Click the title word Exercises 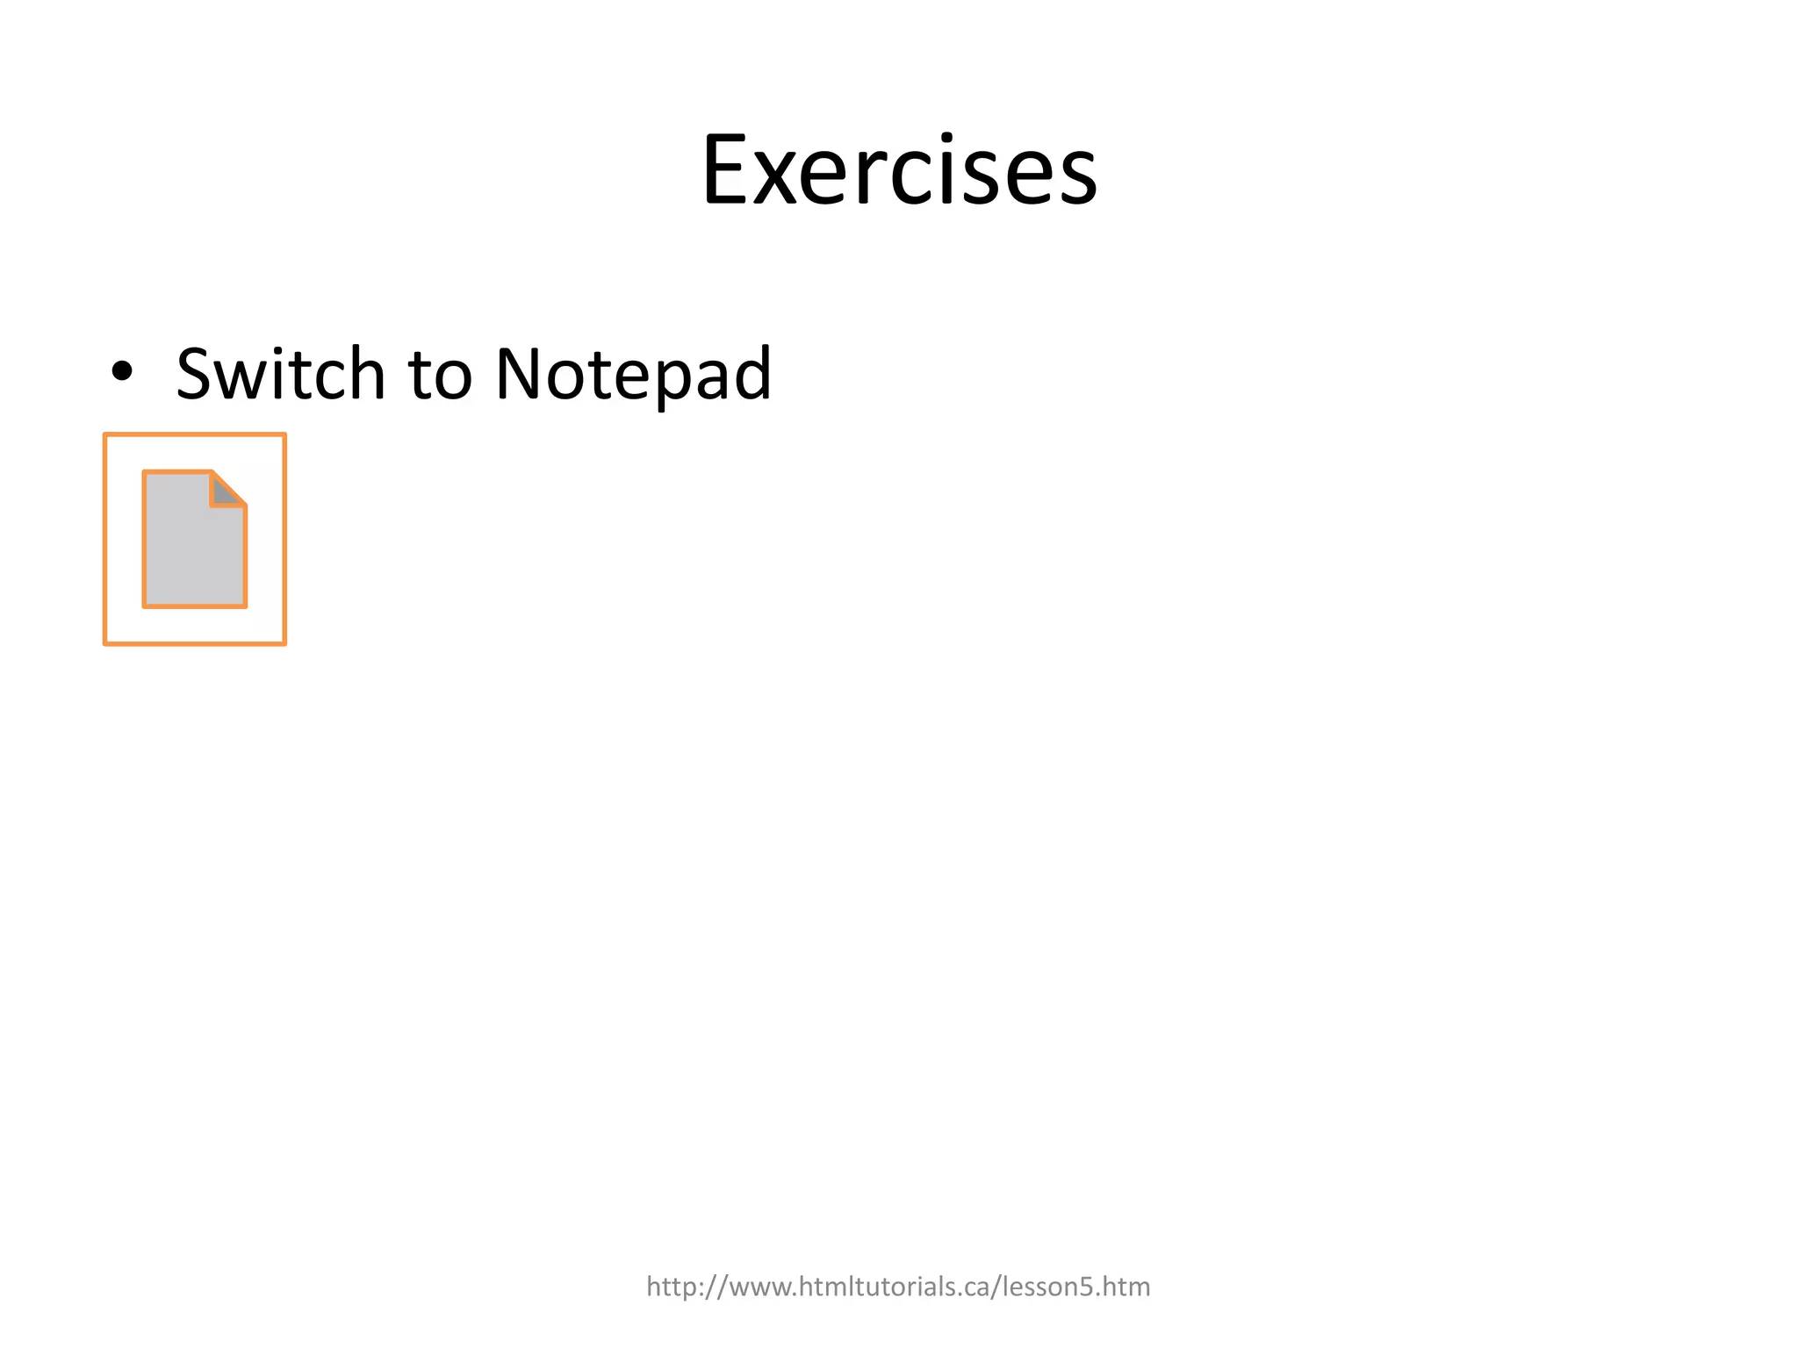899,171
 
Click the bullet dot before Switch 122,372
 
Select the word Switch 281,374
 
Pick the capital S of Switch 194,374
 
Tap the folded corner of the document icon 227,490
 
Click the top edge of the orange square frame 194,434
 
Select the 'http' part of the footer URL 672,1287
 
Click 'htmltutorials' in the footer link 874,1287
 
